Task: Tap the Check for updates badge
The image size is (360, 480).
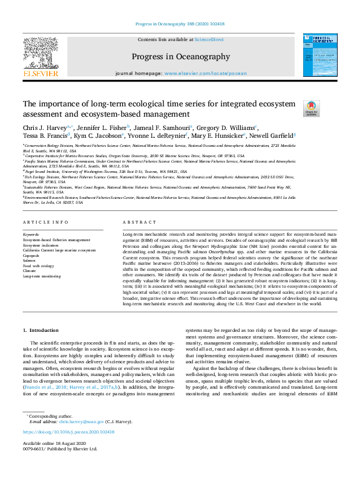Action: pos(311,108)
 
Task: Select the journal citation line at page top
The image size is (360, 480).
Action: pos(180,25)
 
